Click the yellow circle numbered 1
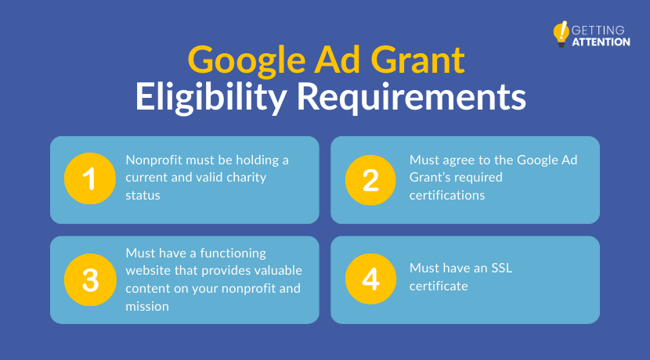pos(88,179)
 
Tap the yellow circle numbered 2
pos(370,179)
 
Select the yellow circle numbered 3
pos(88,279)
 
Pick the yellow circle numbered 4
pos(370,279)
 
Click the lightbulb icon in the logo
pos(561,34)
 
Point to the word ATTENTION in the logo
pos(601,41)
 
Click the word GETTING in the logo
pos(598,30)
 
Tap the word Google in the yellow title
pos(240,61)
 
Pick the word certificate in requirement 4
pos(439,286)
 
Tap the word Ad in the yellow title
pos(329,61)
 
